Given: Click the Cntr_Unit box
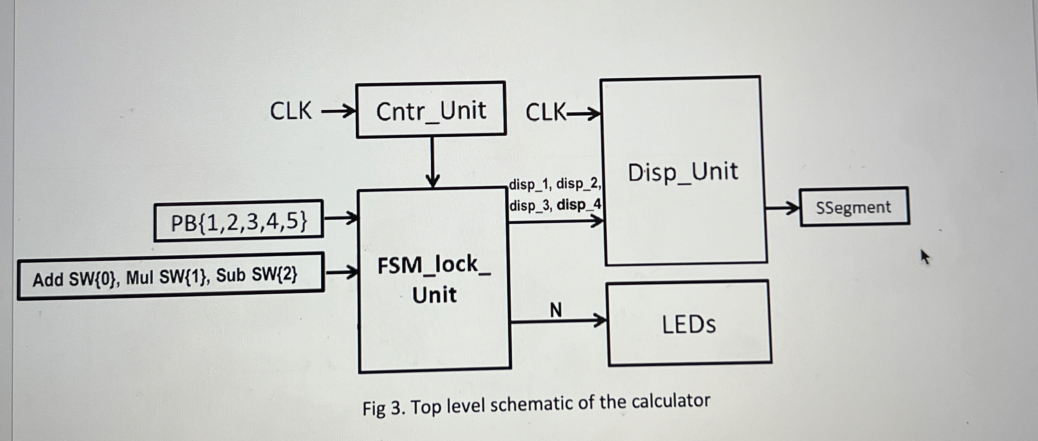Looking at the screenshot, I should point(431,110).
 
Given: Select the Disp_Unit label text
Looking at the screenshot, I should point(683,171).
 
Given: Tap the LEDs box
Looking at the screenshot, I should point(689,324).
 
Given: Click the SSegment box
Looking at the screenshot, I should point(854,207).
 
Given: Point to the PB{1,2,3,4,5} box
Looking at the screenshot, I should point(239,221).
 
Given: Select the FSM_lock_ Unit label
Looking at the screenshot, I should point(434,279).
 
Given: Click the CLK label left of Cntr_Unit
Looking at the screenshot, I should point(291,111).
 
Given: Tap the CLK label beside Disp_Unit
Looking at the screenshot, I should point(545,112).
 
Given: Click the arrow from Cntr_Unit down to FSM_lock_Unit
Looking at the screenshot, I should point(432,162).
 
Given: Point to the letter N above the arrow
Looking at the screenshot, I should point(556,310).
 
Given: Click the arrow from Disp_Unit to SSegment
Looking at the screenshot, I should point(782,209).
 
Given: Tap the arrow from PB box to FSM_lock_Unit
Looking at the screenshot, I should point(341,218).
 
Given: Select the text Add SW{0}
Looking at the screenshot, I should point(74,279).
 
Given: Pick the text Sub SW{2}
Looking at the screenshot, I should point(256,275).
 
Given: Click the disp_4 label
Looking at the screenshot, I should point(579,204).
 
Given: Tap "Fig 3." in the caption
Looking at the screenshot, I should point(383,408).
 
